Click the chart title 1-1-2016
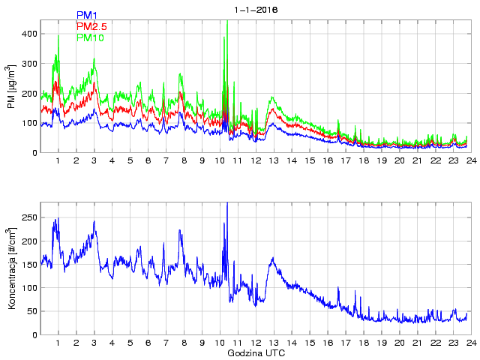click(x=256, y=10)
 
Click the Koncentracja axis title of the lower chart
click(x=11, y=268)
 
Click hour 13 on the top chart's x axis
click(x=273, y=160)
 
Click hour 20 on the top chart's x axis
click(x=399, y=160)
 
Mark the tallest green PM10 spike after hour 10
click(x=227, y=21)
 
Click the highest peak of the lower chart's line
click(x=227, y=202)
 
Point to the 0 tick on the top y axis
click(x=34, y=153)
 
